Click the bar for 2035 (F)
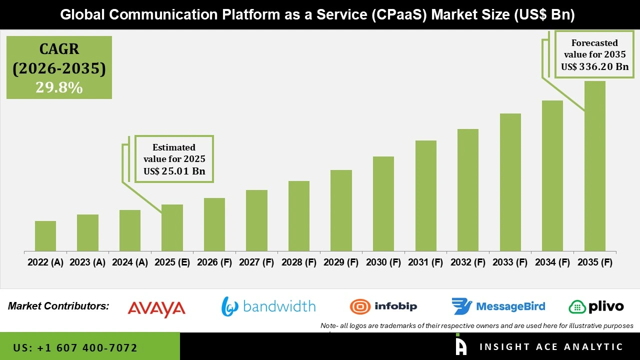point(594,166)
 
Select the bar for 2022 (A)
point(45,236)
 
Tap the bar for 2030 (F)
point(383,203)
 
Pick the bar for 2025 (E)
point(172,227)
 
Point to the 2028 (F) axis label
point(299,262)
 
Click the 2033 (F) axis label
point(510,262)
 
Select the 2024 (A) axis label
point(130,262)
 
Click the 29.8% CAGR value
point(59,87)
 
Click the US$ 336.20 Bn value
point(594,67)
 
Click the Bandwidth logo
point(268,306)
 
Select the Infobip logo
point(383,306)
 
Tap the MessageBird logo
point(498,306)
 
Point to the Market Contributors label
point(58,306)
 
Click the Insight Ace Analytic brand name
point(551,347)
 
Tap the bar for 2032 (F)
point(467,190)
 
